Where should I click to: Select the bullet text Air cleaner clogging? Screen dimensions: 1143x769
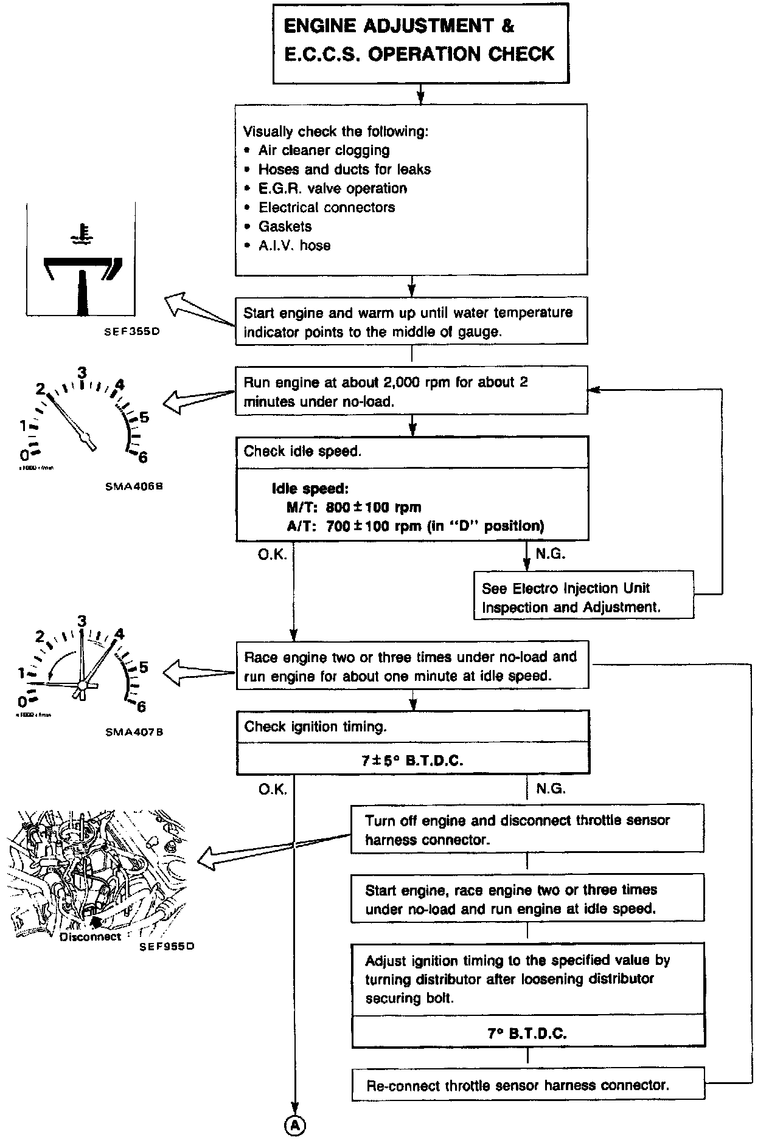pos(324,150)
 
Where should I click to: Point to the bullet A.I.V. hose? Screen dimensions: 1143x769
pos(294,246)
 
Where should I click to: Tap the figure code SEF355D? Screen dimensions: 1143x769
pos(131,333)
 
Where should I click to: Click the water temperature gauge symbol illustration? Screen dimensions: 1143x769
pos(82,268)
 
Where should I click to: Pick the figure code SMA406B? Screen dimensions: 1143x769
pos(134,486)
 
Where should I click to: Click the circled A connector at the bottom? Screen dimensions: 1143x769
pos(294,1126)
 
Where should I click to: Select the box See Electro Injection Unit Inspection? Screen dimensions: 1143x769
pos(583,597)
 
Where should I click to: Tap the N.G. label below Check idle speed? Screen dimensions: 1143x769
pos(551,554)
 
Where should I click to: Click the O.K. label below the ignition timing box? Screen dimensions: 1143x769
pos(272,789)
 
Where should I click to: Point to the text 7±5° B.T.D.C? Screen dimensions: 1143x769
pos(412,761)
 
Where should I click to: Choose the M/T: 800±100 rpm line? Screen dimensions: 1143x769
pos(354,508)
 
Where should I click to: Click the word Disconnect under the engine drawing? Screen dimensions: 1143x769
pos(91,937)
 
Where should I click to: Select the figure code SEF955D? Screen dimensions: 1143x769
pos(167,947)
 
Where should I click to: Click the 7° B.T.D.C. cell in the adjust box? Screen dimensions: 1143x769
pos(527,1034)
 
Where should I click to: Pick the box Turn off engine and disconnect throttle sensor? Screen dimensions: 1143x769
pos(527,830)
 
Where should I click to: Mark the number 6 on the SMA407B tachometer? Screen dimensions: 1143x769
pos(141,706)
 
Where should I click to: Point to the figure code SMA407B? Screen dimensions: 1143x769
pos(134,732)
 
